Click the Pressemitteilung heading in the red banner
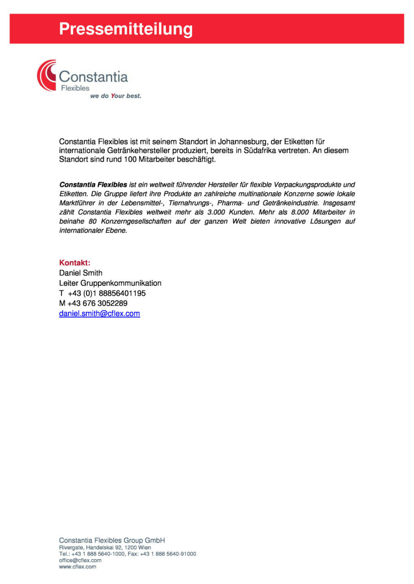click(x=126, y=29)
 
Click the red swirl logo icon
click(x=47, y=75)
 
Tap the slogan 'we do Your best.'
click(x=115, y=96)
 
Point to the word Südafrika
click(x=260, y=150)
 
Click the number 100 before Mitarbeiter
click(x=130, y=159)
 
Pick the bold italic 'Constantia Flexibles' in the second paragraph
click(x=93, y=185)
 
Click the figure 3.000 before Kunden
click(x=216, y=212)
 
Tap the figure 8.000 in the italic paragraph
click(x=299, y=212)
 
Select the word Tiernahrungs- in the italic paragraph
click(x=190, y=203)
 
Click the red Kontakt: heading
click(x=75, y=263)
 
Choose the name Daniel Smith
click(x=80, y=273)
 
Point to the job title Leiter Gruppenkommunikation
click(x=110, y=283)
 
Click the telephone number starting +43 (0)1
click(x=106, y=293)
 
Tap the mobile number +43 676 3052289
click(x=97, y=303)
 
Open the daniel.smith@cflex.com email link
click(x=100, y=313)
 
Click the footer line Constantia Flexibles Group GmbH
click(x=112, y=540)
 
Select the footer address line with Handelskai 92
click(x=105, y=547)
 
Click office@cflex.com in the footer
click(x=80, y=560)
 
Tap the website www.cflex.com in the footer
click(x=78, y=567)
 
